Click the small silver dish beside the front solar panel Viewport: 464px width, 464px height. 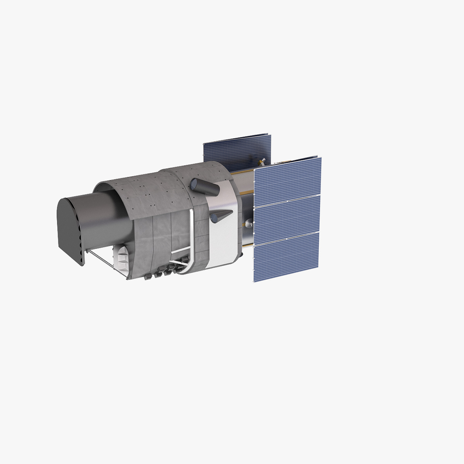tap(249, 223)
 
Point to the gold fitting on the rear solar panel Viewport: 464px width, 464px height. tap(260, 162)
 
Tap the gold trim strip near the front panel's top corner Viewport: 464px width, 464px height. tap(241, 174)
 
